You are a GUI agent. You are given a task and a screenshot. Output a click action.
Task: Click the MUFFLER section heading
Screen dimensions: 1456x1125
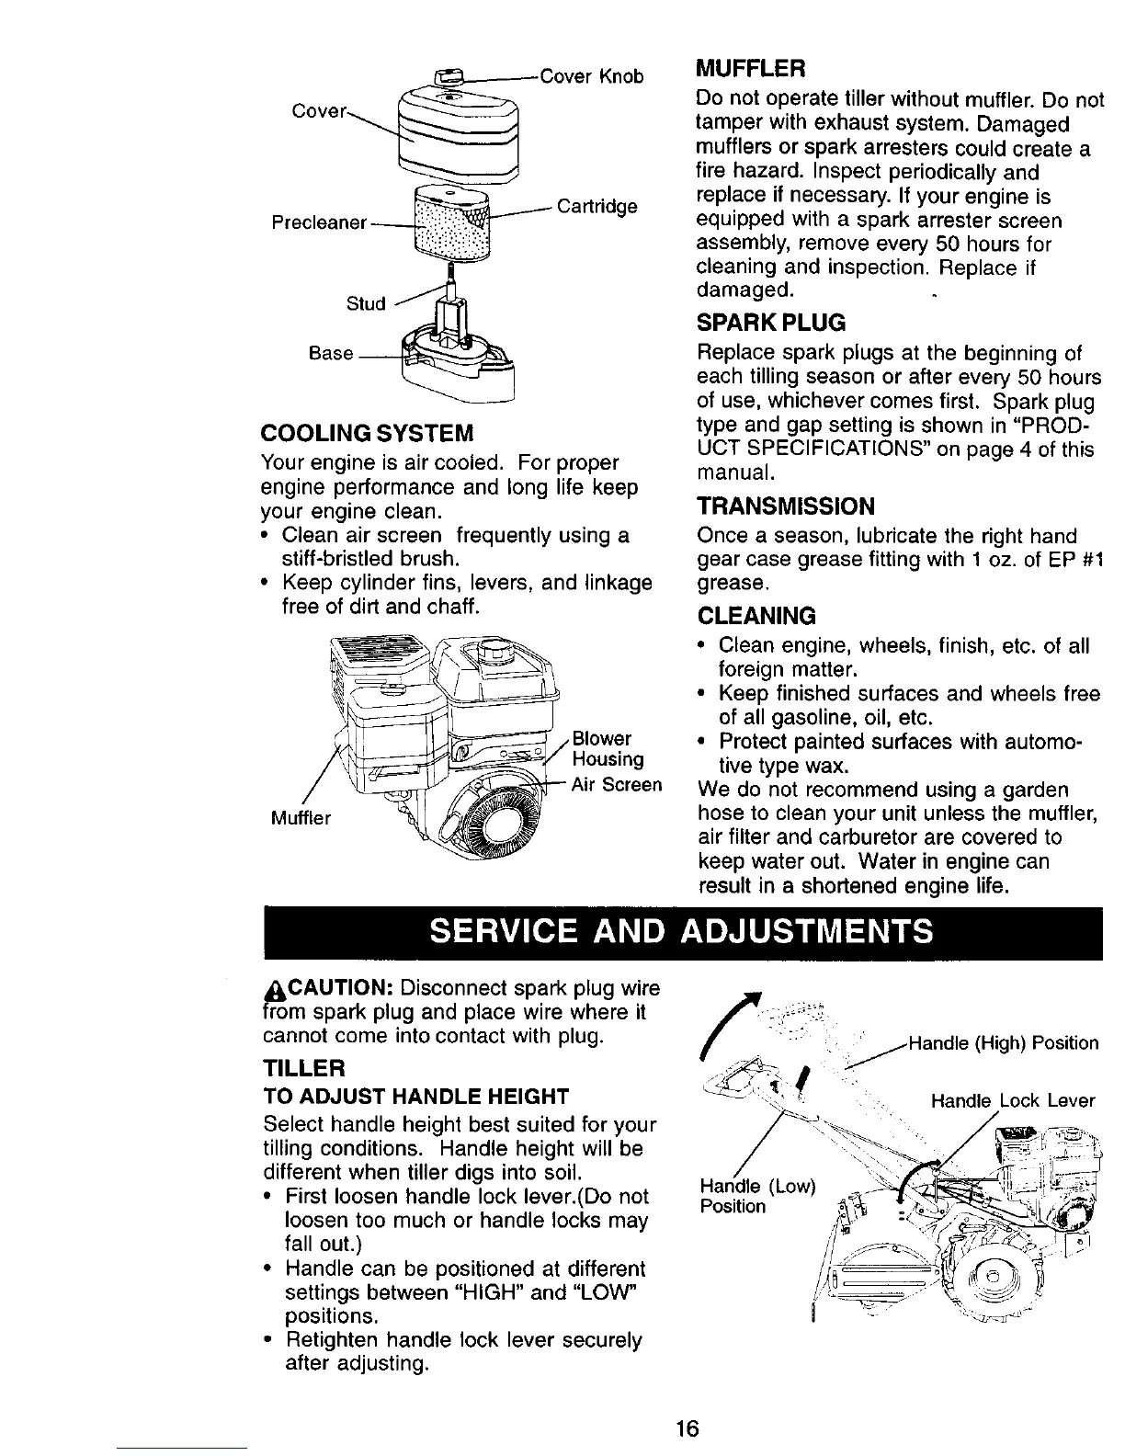751,69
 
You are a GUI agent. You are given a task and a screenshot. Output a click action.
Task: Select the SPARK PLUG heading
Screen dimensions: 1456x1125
771,324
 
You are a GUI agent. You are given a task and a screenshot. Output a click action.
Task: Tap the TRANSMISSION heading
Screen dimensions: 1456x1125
787,506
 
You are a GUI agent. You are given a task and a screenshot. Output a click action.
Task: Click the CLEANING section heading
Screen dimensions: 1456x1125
756,615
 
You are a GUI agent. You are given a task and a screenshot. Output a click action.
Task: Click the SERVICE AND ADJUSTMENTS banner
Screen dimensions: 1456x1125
681,932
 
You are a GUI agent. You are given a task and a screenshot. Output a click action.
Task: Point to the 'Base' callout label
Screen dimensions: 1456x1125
331,353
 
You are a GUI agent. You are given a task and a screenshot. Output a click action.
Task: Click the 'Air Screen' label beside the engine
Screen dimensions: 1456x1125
616,785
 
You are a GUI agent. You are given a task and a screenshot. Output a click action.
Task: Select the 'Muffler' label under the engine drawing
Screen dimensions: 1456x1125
301,817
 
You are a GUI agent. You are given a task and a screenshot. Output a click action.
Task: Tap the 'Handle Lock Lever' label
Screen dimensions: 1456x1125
1013,1100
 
